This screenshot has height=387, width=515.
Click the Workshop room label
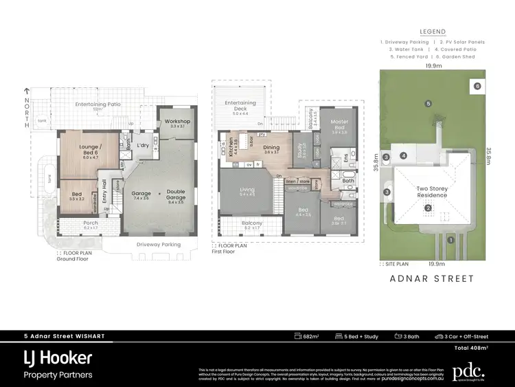(x=178, y=122)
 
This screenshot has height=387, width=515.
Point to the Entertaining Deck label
(x=240, y=103)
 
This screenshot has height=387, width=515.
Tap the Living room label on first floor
(x=247, y=190)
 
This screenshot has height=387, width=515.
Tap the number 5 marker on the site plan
(x=428, y=104)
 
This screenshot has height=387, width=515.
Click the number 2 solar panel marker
(x=427, y=208)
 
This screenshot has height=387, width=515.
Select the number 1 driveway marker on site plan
(x=450, y=240)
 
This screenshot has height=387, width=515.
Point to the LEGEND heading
(x=433, y=32)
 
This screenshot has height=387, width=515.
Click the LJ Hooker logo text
(x=58, y=358)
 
